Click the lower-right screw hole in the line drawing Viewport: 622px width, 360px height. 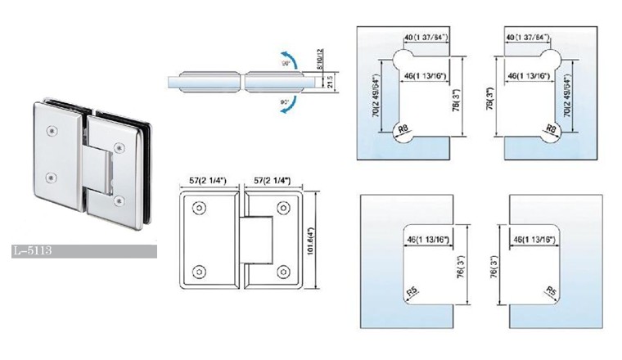tap(284, 271)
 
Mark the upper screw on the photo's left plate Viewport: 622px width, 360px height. tap(52, 130)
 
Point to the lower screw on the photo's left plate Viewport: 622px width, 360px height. tap(52, 176)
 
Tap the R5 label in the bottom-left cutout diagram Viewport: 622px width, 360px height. tap(412, 290)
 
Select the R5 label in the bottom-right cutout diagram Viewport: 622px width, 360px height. tap(550, 290)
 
